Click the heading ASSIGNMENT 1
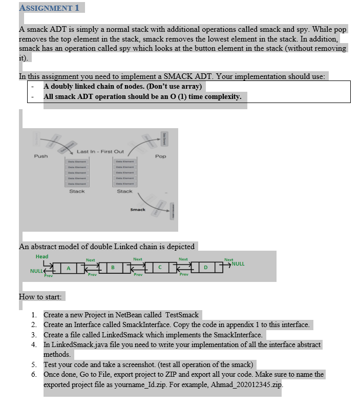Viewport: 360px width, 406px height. tap(49, 8)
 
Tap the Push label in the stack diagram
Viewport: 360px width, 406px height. tap(41, 156)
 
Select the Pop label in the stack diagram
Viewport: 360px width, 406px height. tap(160, 156)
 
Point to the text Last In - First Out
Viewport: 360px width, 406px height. tap(100, 151)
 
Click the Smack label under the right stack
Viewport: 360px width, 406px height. tap(137, 210)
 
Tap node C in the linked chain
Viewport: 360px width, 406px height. tap(161, 267)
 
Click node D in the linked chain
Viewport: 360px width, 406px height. tap(207, 267)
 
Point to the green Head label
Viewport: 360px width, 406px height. tap(42, 256)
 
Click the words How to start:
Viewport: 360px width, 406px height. tap(40, 297)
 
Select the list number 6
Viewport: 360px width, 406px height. tap(34, 375)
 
